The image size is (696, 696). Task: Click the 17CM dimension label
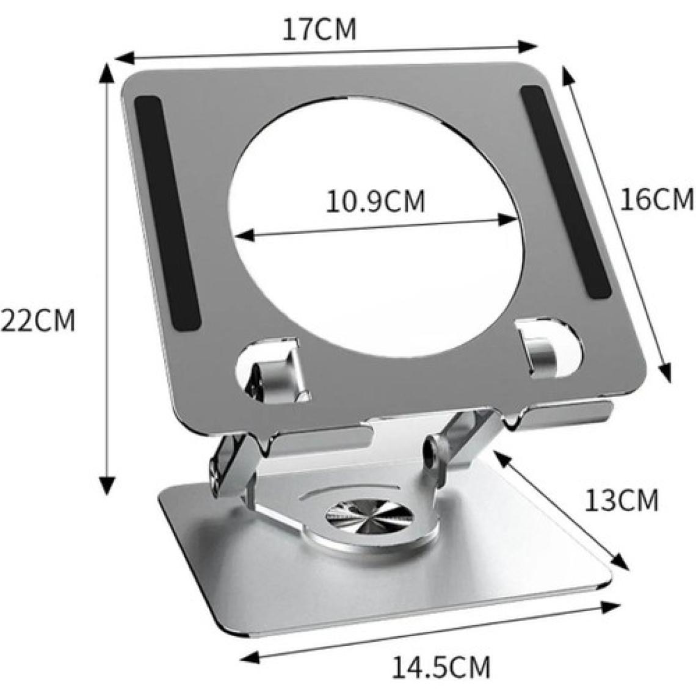point(319,29)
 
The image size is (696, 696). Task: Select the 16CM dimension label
point(656,199)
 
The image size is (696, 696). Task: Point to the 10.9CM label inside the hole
point(375,201)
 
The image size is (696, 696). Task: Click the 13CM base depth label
point(622,501)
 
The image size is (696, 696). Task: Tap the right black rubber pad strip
point(566,192)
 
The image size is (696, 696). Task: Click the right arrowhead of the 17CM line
point(529,45)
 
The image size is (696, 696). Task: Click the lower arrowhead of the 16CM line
point(665,372)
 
